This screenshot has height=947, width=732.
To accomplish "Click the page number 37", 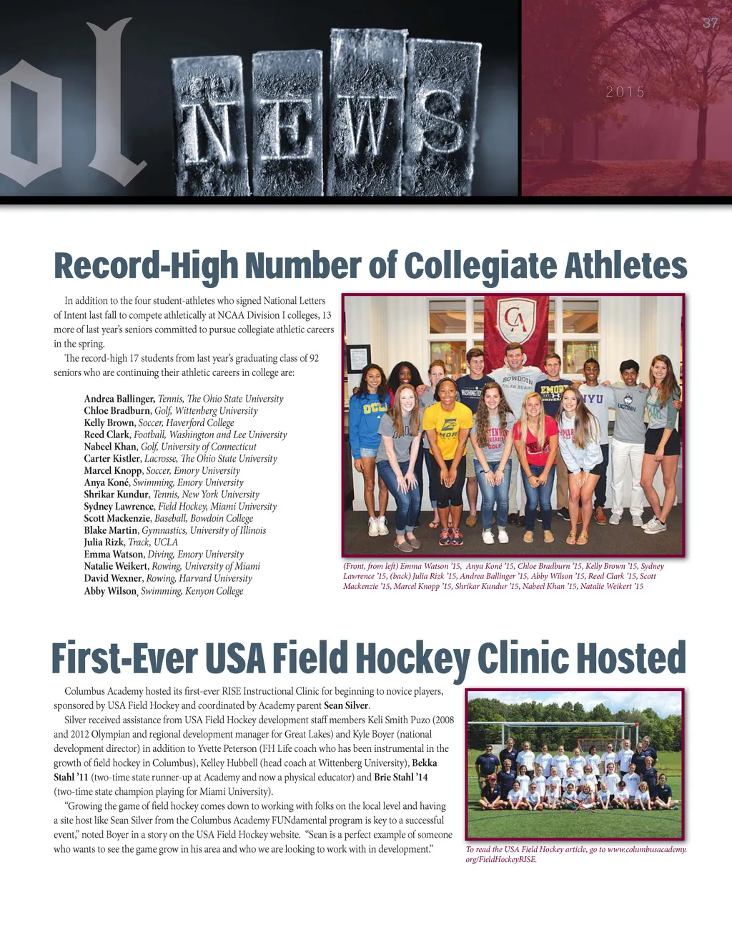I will coord(710,23).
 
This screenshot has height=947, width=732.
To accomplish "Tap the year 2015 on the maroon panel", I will coord(625,92).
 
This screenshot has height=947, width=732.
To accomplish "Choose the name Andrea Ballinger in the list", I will coord(119,399).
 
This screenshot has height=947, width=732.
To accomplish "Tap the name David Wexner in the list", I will coord(114,578).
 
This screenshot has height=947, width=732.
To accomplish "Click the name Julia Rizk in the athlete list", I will coord(104,542).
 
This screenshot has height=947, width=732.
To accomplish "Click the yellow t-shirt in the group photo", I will coord(447,432).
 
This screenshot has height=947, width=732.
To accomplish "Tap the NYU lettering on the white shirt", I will coord(592,398).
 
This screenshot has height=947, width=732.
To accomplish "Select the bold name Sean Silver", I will coord(346,705).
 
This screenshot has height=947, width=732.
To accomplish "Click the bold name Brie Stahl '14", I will coord(401,777).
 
